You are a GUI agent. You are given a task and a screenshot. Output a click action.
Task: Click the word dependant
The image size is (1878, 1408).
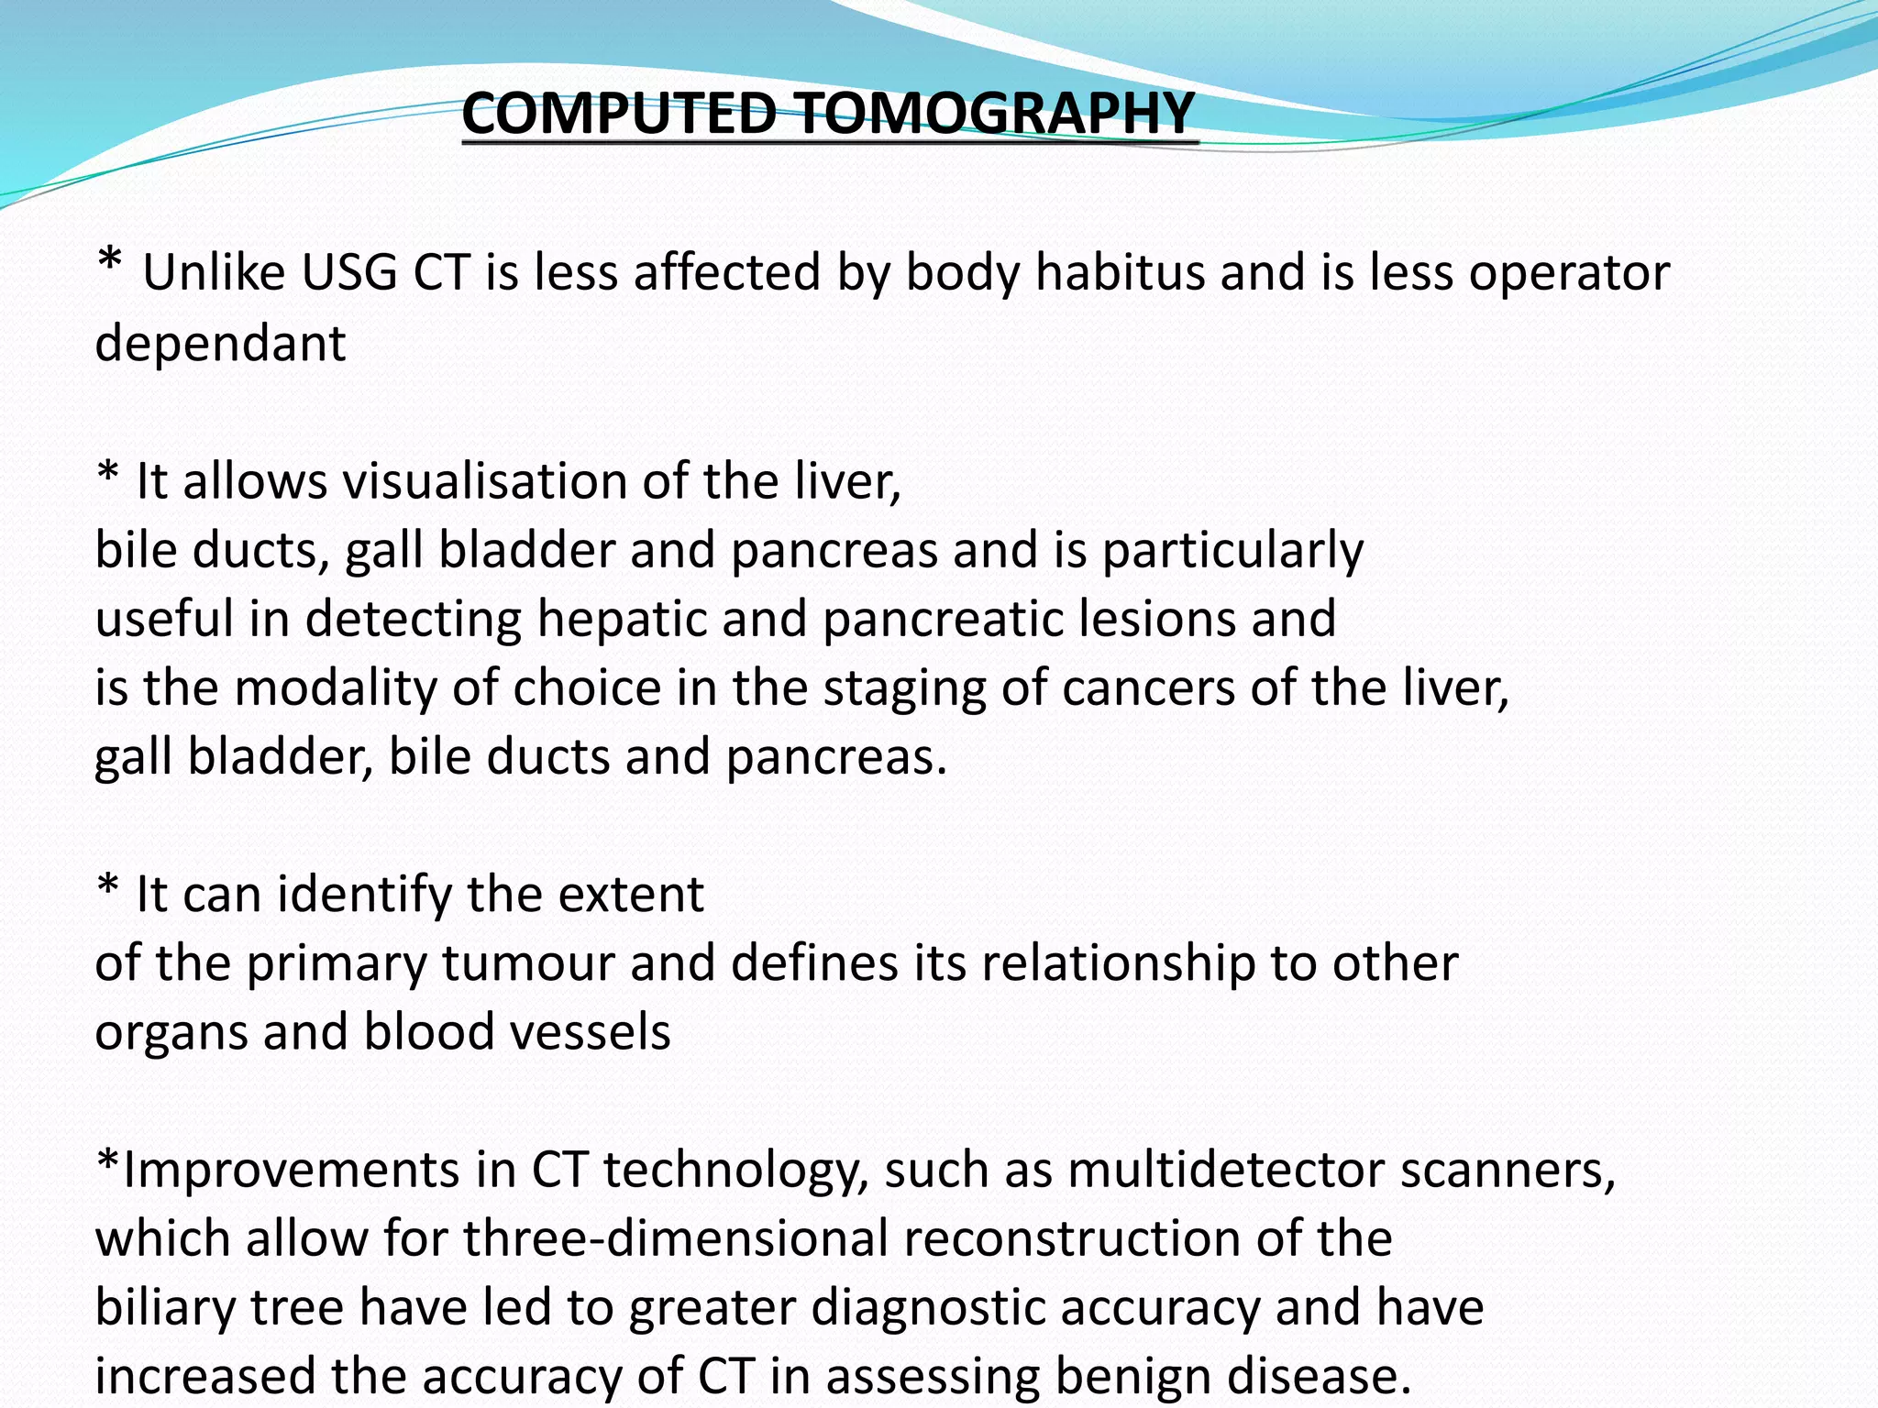pos(220,344)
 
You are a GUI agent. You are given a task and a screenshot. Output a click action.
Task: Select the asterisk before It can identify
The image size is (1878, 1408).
pos(108,886)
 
